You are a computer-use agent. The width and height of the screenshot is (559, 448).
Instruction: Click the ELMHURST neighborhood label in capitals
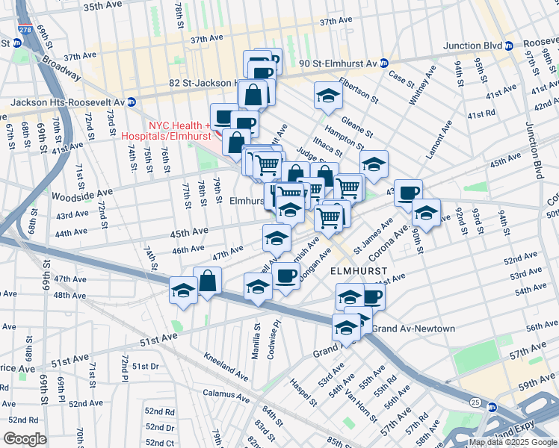[x=359, y=272]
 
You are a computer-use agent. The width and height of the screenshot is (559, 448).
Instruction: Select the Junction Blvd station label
[x=472, y=46]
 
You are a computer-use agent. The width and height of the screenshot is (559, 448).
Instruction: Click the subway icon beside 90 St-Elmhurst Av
[x=383, y=63]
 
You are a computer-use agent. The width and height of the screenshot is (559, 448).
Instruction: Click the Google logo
[x=25, y=438]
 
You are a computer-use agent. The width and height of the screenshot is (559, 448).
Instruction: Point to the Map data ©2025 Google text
[x=513, y=442]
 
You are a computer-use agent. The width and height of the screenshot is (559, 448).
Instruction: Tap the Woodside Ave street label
[x=81, y=196]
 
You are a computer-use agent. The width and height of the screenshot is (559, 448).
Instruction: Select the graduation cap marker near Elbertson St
[x=327, y=95]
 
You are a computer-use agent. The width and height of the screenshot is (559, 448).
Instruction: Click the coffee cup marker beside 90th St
[x=408, y=193]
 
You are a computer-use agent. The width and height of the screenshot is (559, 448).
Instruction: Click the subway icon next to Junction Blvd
[x=509, y=46]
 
